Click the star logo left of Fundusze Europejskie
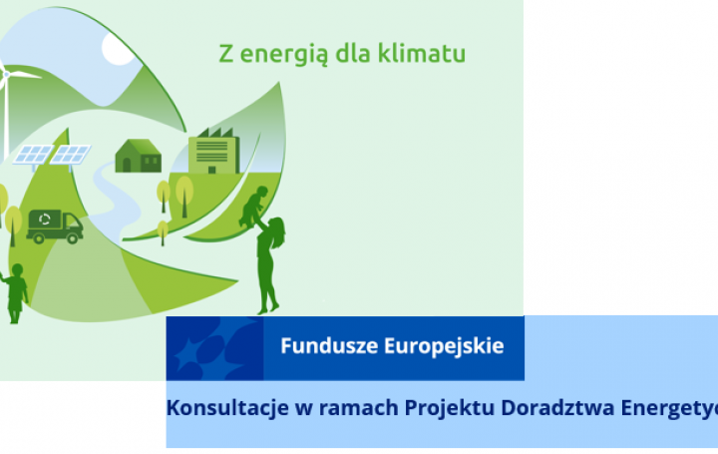[x=212, y=348]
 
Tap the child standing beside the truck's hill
[x=15, y=293]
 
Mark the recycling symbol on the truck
[x=46, y=221]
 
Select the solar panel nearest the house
[x=72, y=155]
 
